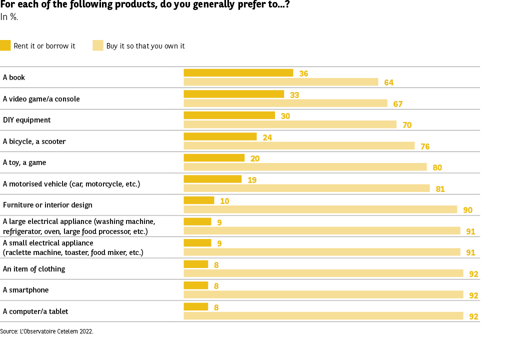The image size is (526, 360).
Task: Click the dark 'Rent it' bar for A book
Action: (x=238, y=73)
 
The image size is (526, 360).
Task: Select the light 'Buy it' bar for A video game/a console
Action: (x=285, y=103)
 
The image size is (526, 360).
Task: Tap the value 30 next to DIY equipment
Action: (x=285, y=116)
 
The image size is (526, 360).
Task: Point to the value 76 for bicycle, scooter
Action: (x=425, y=146)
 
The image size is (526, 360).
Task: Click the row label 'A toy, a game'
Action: (x=24, y=162)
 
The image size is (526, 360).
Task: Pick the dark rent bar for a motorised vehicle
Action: (x=212, y=179)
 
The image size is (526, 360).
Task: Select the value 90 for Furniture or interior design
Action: (x=467, y=210)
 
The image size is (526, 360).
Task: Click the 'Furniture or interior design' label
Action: (x=47, y=205)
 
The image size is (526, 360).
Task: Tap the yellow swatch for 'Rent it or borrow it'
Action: (x=5, y=45)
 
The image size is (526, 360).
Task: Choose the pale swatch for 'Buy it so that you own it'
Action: (x=98, y=45)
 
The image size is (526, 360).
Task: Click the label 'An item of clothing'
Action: (x=34, y=269)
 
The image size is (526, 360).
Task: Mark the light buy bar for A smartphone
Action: (x=323, y=295)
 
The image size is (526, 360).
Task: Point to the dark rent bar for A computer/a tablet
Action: (x=195, y=307)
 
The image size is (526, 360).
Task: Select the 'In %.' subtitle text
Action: (x=9, y=17)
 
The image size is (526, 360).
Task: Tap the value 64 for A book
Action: (x=388, y=82)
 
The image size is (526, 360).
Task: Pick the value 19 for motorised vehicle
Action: (x=252, y=179)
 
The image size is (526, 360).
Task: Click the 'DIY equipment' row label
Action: (x=27, y=120)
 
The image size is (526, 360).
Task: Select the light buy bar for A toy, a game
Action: (x=305, y=167)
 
